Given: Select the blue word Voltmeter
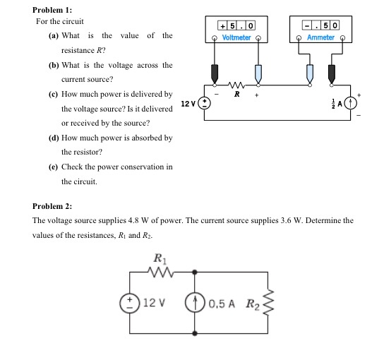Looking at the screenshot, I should point(236,37).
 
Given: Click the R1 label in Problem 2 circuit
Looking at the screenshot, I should point(160,258).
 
